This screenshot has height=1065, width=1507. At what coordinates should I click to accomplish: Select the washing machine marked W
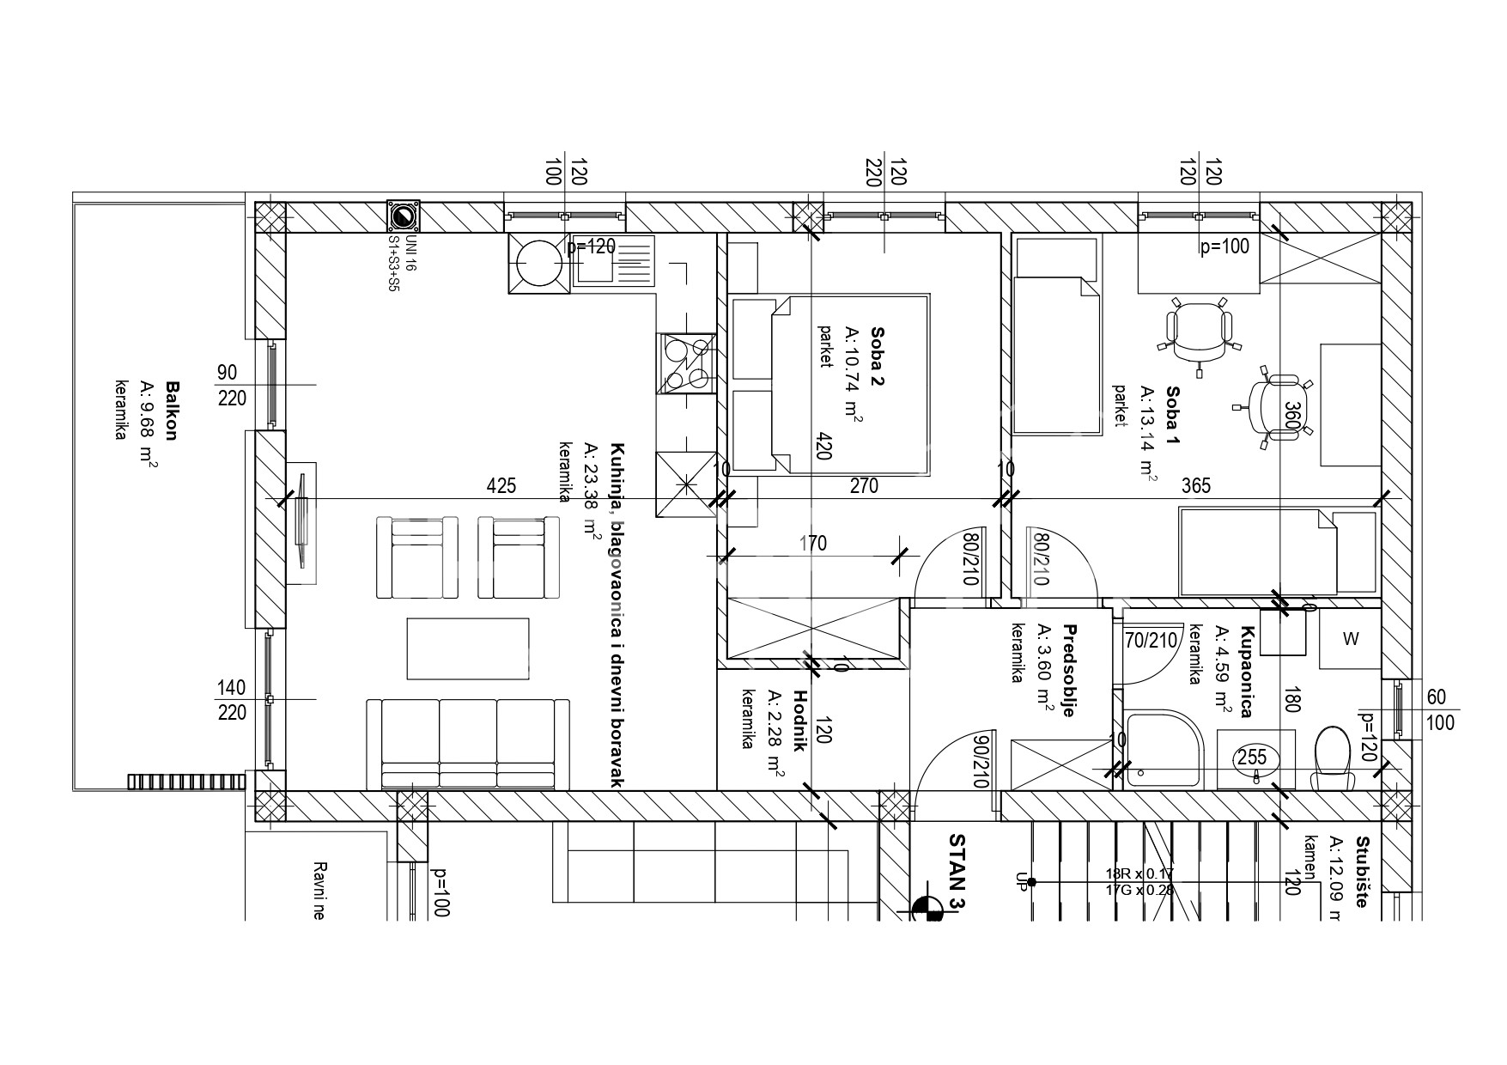click(x=1351, y=639)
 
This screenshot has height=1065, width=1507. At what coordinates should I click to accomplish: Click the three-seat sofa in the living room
click(x=468, y=743)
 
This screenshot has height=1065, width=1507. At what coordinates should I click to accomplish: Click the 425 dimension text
click(x=501, y=486)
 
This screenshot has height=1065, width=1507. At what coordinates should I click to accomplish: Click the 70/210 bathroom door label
click(x=1151, y=640)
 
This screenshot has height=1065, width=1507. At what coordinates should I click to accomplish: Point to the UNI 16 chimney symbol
click(x=403, y=216)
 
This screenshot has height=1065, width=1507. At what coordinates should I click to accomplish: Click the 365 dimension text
click(x=1195, y=486)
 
